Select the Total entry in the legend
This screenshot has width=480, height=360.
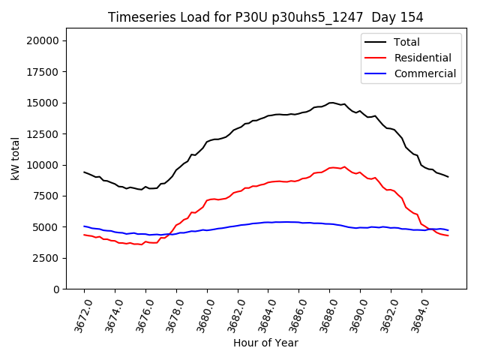point(406,42)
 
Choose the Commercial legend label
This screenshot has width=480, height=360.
point(424,73)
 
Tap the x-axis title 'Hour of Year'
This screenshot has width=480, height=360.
point(265,343)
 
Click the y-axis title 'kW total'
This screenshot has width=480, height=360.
point(15,160)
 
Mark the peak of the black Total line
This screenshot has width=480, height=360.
point(331,103)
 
